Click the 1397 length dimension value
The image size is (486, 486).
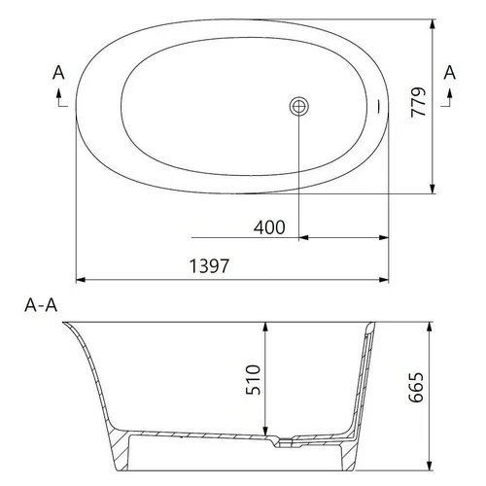(x=209, y=265)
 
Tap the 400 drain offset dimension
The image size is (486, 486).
(x=269, y=227)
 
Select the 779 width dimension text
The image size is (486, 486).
(x=418, y=102)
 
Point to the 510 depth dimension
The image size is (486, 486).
(x=253, y=380)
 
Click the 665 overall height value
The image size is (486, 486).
(x=416, y=388)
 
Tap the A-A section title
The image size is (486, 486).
(x=41, y=305)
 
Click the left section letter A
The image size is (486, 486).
(x=58, y=72)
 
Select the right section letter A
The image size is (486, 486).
(x=450, y=72)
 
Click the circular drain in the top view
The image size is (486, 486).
(x=299, y=106)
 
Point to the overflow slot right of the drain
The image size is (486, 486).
(x=379, y=106)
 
